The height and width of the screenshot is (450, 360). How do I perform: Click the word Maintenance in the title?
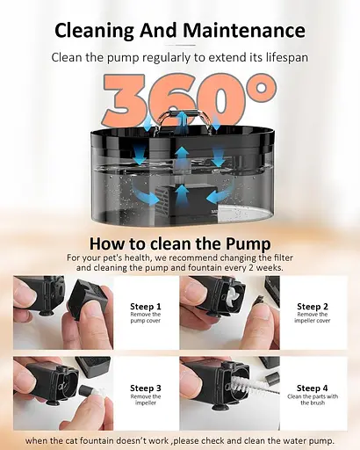pos(244,30)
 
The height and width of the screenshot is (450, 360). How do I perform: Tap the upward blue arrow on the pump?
pos(183,194)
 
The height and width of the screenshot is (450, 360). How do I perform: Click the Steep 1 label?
pos(146,307)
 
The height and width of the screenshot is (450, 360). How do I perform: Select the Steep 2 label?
pos(313,307)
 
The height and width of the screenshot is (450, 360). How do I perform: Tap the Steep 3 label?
pos(146,388)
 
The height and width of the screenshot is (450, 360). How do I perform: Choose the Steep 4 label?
pos(313,388)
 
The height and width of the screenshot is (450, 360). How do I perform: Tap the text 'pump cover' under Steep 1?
pos(146,321)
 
